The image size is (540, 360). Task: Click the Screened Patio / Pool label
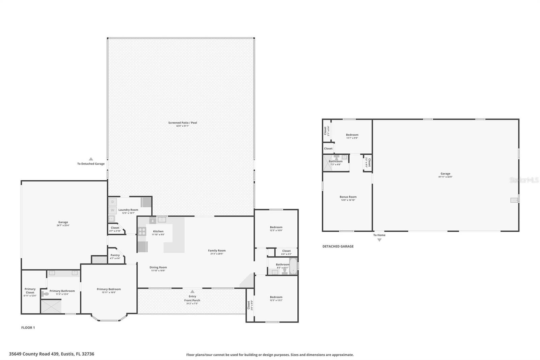(183, 123)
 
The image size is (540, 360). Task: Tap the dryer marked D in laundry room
(112, 202)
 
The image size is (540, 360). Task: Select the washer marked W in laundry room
(112, 210)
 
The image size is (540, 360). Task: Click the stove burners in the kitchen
(142, 231)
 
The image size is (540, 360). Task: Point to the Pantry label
(115, 255)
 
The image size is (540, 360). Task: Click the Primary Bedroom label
(109, 289)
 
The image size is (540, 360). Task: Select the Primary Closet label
(30, 290)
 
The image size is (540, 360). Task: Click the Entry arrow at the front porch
(192, 291)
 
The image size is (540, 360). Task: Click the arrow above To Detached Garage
(91, 159)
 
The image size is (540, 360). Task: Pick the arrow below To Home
(379, 240)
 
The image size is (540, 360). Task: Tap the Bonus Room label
(348, 197)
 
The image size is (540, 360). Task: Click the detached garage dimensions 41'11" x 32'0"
(445, 177)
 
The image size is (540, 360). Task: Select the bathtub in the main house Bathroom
(293, 266)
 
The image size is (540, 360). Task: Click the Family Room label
(217, 251)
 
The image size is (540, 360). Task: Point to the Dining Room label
(158, 267)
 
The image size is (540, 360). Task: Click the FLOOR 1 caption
(28, 328)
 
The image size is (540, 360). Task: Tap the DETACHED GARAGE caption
(338, 247)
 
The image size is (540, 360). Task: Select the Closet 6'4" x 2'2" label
(286, 251)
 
